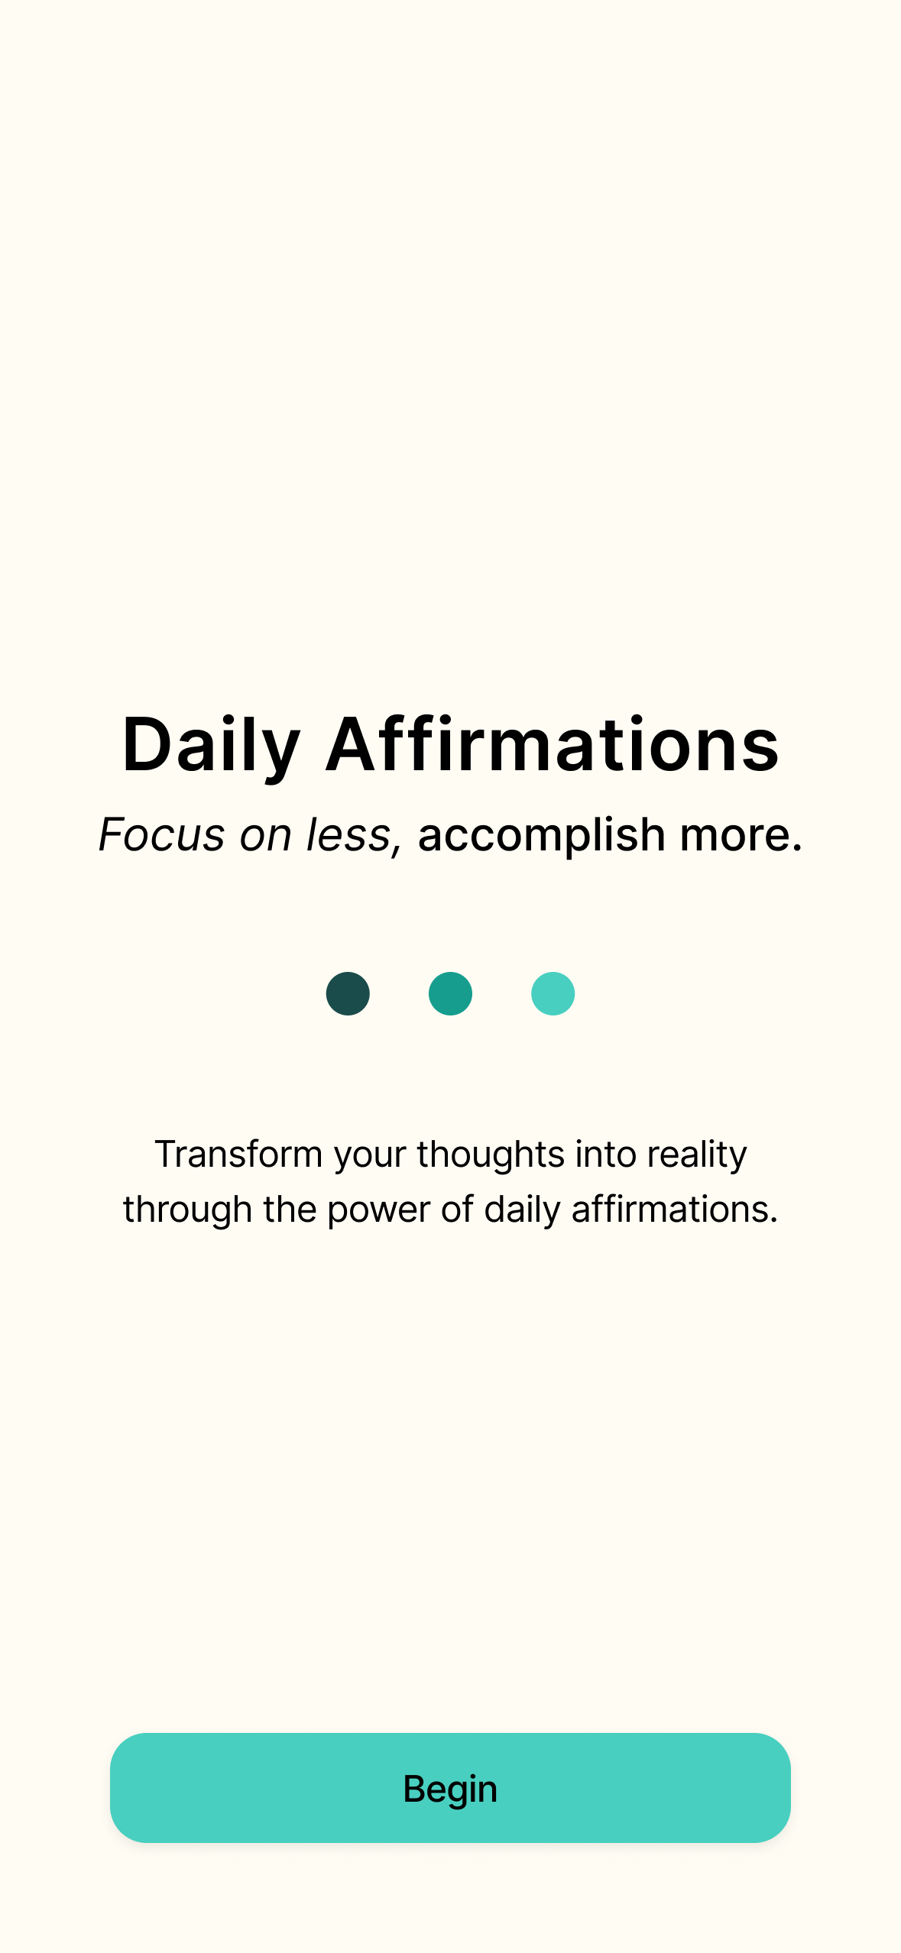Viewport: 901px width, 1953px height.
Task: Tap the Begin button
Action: pyautogui.click(x=450, y=1787)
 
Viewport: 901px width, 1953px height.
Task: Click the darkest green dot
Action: pyautogui.click(x=348, y=993)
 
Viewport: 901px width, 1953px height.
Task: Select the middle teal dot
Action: pyautogui.click(x=450, y=993)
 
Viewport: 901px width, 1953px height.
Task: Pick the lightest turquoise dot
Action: pyautogui.click(x=553, y=993)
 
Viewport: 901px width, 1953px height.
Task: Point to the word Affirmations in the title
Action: pyautogui.click(x=553, y=743)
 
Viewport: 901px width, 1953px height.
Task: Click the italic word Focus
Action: pyautogui.click(x=162, y=834)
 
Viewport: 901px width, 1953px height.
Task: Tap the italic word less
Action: pyautogui.click(x=354, y=834)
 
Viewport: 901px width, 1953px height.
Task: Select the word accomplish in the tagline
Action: pyautogui.click(x=542, y=835)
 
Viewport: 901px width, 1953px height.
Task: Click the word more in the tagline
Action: pyautogui.click(x=741, y=835)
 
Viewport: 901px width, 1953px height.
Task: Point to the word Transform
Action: pyautogui.click(x=238, y=1154)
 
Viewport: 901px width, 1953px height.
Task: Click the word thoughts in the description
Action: pyautogui.click(x=491, y=1155)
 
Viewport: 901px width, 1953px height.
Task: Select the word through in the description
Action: pyautogui.click(x=188, y=1210)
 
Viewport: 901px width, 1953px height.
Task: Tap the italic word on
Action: pyautogui.click(x=266, y=835)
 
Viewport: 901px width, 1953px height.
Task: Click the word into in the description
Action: pyautogui.click(x=606, y=1154)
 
